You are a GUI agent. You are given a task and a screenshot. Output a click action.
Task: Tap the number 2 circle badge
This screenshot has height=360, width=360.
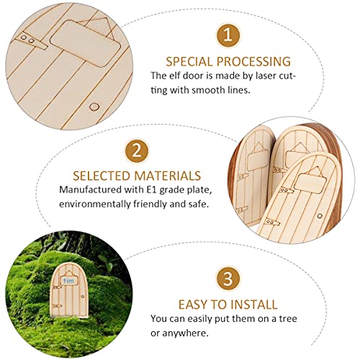coord(135,151)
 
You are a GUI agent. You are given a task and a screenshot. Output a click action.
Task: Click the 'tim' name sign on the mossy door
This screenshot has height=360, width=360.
coord(68,282)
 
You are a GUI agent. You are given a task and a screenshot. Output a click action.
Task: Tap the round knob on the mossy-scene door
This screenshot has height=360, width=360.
coord(87,307)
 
